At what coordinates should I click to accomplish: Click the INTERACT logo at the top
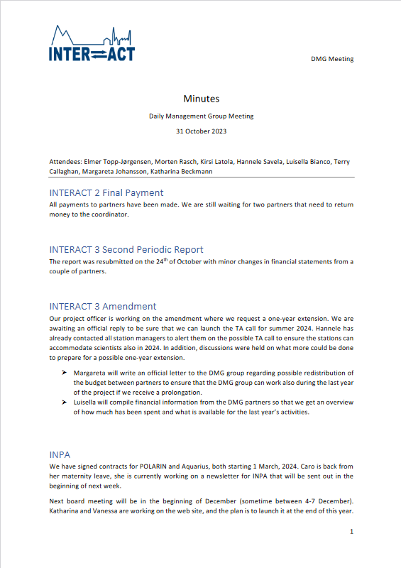click(x=92, y=43)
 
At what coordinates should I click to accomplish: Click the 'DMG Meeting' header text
click(x=332, y=59)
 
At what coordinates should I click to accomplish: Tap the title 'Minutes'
click(x=201, y=99)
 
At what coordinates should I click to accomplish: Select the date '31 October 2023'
click(x=201, y=131)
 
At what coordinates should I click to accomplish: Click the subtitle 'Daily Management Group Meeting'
click(x=201, y=116)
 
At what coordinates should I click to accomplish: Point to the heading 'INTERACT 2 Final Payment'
click(x=106, y=192)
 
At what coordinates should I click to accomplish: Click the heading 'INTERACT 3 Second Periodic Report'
click(x=126, y=249)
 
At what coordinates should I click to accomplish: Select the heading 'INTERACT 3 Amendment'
click(x=103, y=306)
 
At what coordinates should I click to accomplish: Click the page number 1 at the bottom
click(x=351, y=532)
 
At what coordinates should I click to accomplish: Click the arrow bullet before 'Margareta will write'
click(x=65, y=373)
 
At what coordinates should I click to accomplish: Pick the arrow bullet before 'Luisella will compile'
click(x=65, y=402)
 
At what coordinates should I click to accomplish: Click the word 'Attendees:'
click(x=66, y=162)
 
